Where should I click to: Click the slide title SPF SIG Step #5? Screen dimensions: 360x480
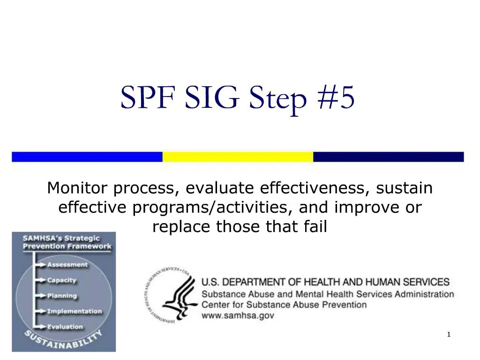tap(238, 98)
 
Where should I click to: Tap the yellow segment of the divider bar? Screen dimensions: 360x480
tap(238, 157)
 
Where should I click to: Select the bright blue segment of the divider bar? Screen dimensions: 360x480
tap(87, 157)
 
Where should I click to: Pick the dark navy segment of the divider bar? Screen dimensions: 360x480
tap(388, 157)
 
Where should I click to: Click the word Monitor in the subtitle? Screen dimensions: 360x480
tap(78, 188)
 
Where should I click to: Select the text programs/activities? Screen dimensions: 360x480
tap(213, 207)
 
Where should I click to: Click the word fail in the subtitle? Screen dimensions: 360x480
tap(315, 226)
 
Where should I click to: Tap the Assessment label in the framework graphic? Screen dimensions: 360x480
tap(67, 265)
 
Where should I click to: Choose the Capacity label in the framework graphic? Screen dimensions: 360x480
tap(61, 280)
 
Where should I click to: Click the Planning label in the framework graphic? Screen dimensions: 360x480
tap(62, 296)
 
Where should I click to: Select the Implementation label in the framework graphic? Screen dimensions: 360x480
tap(74, 311)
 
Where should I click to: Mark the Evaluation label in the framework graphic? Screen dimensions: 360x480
tap(65, 327)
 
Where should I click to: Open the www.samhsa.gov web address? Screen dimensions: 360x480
tap(238, 315)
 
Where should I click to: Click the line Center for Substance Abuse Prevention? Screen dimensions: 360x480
tap(284, 305)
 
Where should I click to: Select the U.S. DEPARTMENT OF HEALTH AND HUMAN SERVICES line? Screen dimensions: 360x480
tap(325, 282)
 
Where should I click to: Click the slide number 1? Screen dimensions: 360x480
tap(449, 334)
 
